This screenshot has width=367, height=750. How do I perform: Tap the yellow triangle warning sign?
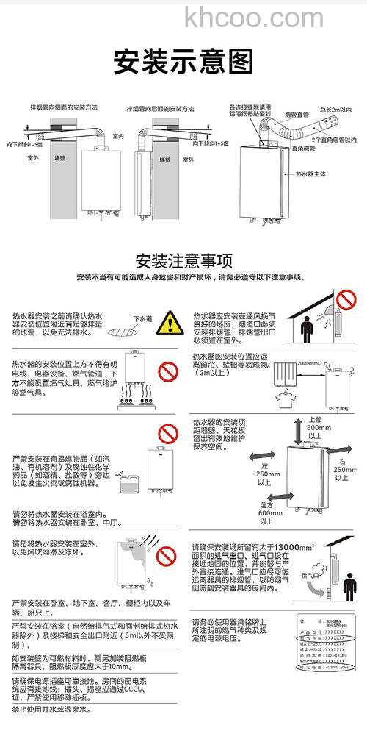[170, 321]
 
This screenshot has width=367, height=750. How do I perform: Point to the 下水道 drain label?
[142, 319]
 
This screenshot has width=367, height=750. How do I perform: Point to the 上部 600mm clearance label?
[315, 427]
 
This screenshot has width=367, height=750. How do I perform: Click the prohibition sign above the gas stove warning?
[170, 368]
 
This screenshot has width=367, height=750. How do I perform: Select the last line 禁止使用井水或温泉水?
[51, 710]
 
